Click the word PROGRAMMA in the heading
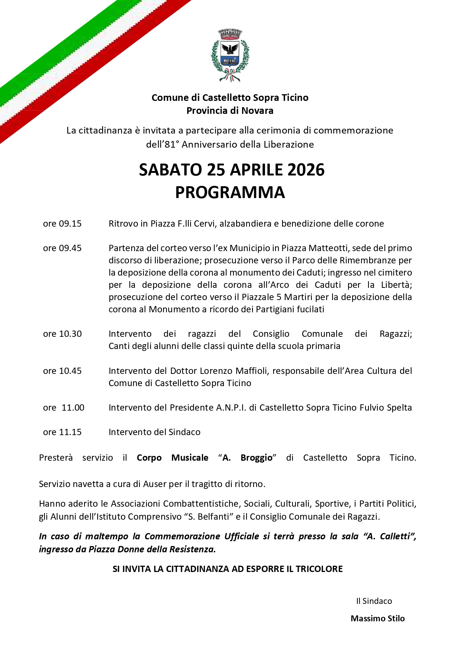[230, 192]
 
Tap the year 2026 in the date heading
[306, 170]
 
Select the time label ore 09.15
[62, 224]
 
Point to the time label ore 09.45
[62, 248]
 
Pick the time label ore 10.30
[62, 334]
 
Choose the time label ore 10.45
[62, 371]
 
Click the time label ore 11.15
[62, 432]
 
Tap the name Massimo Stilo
[378, 618]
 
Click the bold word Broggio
[257, 458]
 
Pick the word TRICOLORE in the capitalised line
[319, 569]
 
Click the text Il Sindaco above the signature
[374, 601]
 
